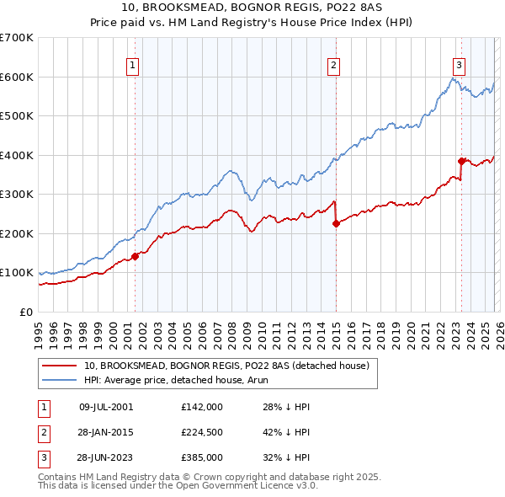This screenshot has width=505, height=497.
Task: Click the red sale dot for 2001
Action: pos(135,256)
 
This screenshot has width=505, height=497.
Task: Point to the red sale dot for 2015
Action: pos(336,224)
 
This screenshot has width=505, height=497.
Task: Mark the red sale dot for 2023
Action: pos(461,161)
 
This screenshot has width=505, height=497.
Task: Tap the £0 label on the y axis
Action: pos(25,312)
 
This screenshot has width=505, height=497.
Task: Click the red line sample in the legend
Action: pos(59,366)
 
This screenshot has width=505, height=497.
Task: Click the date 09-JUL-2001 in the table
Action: pos(106,407)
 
